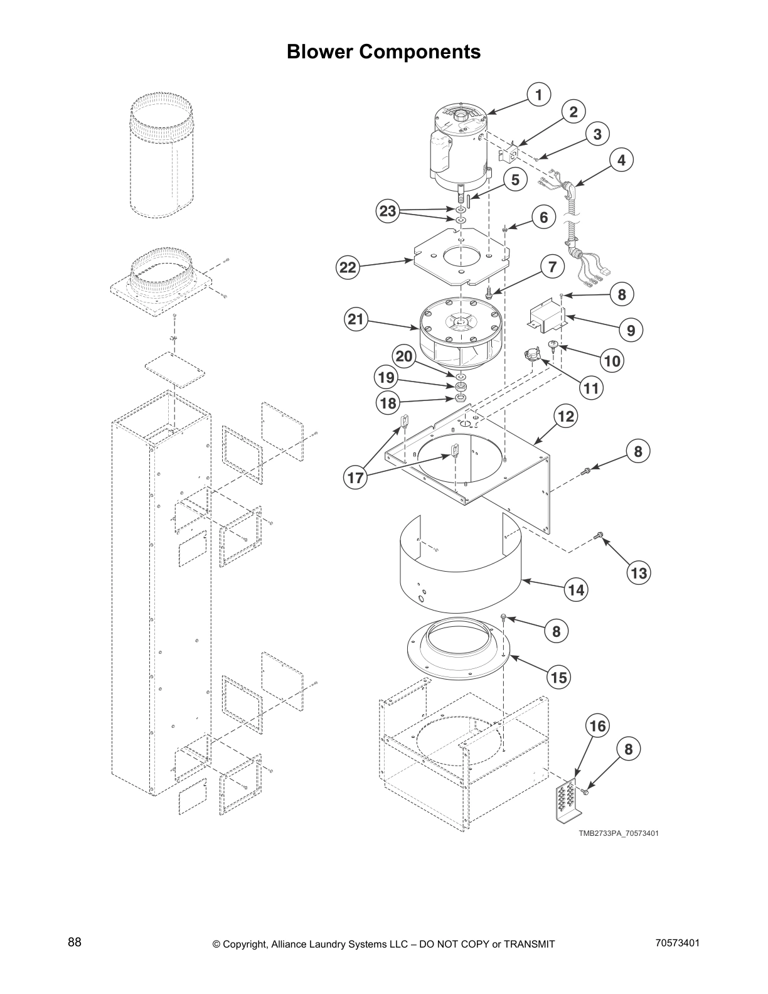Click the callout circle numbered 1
point(538,95)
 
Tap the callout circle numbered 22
point(348,269)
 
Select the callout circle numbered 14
point(576,589)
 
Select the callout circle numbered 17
point(356,478)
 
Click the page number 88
point(75,943)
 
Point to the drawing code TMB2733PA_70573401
point(618,833)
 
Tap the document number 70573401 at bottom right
point(677,943)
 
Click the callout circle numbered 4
point(621,160)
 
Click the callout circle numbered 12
point(566,417)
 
